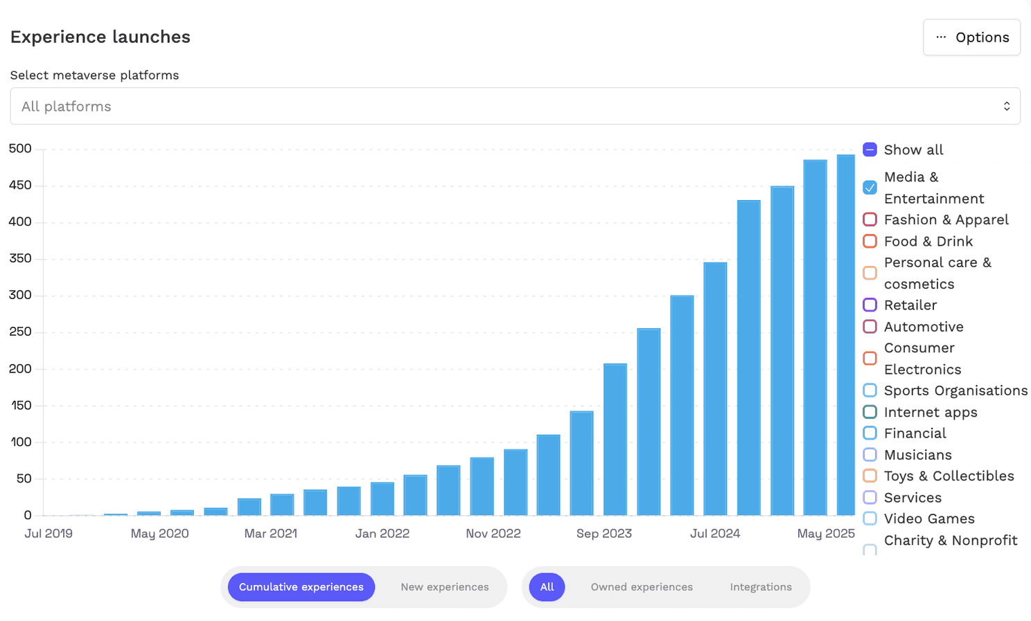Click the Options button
tap(971, 37)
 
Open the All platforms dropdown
tap(515, 106)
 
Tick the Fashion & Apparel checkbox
tap(870, 219)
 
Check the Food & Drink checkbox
tap(870, 241)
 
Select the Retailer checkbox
tap(870, 305)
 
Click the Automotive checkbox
tap(870, 326)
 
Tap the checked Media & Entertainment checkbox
tap(870, 188)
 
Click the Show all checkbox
tap(870, 150)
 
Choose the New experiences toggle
tap(444, 587)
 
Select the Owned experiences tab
tap(642, 587)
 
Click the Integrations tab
tap(760, 587)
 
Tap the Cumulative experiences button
tap(301, 587)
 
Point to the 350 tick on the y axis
tap(20, 258)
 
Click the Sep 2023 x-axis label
tap(603, 534)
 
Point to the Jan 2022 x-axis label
tap(382, 534)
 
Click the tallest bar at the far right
tap(845, 335)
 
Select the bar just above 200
tap(615, 439)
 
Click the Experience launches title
tap(100, 37)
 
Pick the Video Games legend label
tap(928, 519)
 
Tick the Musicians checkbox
tap(870, 455)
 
